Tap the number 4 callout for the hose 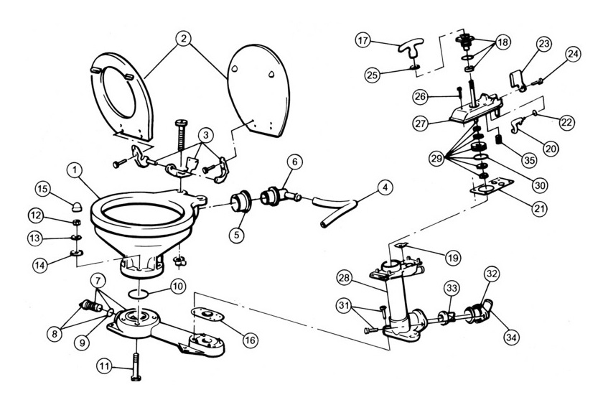(385, 190)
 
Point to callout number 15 (42, 190)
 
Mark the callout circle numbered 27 (422, 123)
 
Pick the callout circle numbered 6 (293, 162)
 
